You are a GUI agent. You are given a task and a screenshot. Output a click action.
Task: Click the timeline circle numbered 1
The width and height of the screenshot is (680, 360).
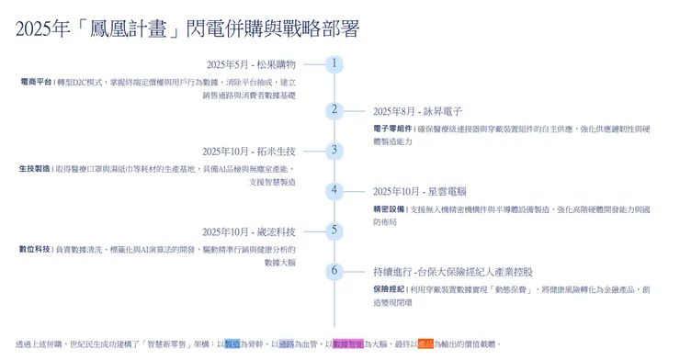click(x=335, y=64)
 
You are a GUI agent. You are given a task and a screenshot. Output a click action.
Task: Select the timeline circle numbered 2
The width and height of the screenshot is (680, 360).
click(x=335, y=109)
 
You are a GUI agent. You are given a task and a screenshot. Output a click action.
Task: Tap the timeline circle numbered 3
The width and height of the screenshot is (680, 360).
click(x=335, y=150)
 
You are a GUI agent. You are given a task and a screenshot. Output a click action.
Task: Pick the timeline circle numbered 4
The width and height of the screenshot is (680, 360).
click(x=335, y=191)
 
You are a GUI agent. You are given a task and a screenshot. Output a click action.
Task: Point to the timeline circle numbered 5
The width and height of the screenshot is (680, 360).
click(x=335, y=231)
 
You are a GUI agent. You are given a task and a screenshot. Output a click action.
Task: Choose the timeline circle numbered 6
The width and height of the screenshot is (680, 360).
click(x=335, y=271)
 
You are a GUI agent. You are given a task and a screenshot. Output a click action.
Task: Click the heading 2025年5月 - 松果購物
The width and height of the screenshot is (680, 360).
click(x=251, y=65)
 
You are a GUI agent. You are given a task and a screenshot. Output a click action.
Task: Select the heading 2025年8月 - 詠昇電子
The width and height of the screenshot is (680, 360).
click(x=417, y=111)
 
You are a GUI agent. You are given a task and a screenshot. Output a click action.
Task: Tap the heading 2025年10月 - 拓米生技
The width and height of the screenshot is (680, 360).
click(x=249, y=152)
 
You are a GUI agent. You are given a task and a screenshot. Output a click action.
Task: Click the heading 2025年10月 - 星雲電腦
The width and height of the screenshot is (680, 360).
click(x=419, y=192)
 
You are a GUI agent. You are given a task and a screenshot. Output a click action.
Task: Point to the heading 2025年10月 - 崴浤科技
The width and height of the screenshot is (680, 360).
click(x=249, y=232)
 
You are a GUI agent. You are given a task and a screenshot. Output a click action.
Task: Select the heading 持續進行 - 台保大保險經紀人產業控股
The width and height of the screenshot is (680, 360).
click(x=452, y=273)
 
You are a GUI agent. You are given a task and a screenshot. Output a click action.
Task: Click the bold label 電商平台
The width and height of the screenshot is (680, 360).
click(x=35, y=83)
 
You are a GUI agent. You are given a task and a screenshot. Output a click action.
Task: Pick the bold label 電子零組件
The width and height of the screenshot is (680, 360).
click(x=391, y=129)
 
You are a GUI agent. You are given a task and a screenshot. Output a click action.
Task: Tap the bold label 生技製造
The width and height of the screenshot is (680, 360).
click(x=35, y=169)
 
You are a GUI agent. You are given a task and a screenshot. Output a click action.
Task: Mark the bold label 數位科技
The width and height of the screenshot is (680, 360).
click(x=35, y=250)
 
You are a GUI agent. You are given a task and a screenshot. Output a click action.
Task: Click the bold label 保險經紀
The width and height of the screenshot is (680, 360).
click(x=388, y=289)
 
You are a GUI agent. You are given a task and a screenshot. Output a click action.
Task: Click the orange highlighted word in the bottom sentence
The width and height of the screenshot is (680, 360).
click(x=425, y=344)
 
